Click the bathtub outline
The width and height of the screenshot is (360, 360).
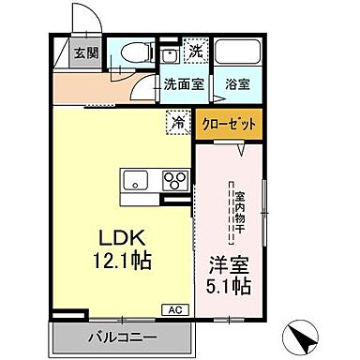[x=238, y=52]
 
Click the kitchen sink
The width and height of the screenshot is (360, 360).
[x=132, y=180]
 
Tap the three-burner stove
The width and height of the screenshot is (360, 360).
[x=174, y=180]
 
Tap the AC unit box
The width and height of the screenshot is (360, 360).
[x=175, y=307]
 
